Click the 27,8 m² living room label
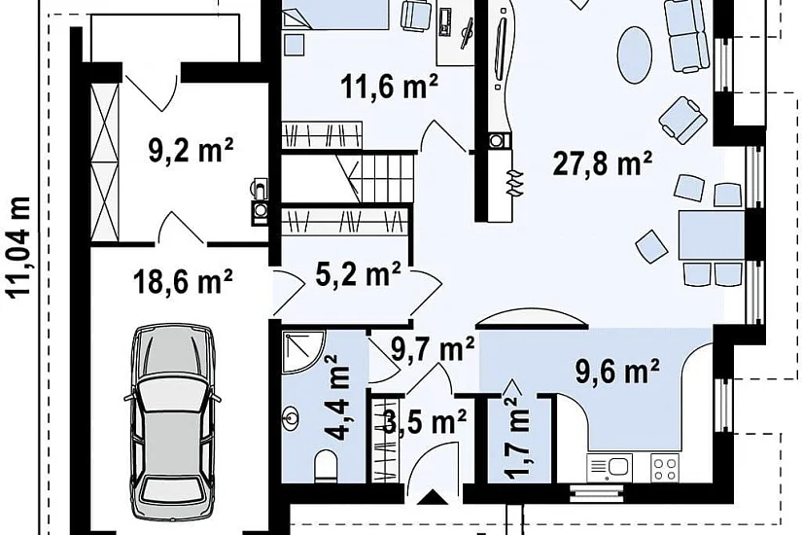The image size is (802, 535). coord(603,163)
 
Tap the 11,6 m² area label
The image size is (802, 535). coord(390,86)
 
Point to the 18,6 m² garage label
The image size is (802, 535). coord(183,280)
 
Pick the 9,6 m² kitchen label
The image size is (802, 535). coord(617,371)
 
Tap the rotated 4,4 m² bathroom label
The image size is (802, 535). coord(338,398)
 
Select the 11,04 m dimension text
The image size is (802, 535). coord(18,246)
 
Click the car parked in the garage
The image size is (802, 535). coord(171,423)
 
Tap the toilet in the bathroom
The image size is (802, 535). coord(326,466)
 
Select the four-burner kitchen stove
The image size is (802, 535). coord(665,468)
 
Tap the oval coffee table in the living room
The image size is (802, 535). coord(635,53)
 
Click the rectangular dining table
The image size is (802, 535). coord(711,235)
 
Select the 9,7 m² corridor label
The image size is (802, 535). coord(433,349)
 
